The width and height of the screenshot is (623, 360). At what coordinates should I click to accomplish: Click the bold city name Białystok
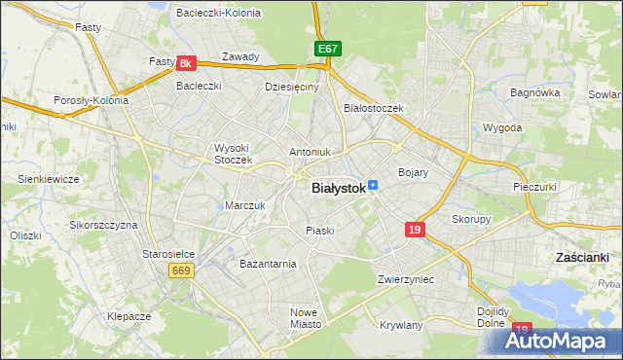click(338, 189)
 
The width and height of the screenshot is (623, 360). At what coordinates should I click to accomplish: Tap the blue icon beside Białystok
click(373, 185)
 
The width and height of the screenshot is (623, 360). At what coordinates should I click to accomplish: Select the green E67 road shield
click(327, 48)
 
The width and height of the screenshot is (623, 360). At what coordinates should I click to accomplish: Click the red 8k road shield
click(188, 63)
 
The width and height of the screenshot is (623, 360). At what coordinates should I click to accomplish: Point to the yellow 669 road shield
click(179, 270)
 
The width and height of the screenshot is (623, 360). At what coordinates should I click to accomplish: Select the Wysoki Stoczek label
click(234, 154)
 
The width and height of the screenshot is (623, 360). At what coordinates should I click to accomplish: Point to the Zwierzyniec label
click(405, 279)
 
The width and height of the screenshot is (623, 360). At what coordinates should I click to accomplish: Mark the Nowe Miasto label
click(305, 318)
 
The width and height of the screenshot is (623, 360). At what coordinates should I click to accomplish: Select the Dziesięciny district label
click(292, 87)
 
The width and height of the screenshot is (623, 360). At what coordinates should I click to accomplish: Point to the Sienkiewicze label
click(48, 179)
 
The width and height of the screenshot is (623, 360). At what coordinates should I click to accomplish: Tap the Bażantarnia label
click(268, 264)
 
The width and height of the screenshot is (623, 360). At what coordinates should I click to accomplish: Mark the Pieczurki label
click(533, 185)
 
